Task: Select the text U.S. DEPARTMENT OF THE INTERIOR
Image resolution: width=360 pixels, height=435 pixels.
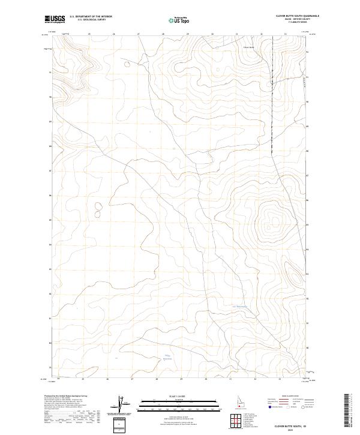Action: (x=91, y=17)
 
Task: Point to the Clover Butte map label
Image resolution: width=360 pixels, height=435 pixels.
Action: (x=249, y=46)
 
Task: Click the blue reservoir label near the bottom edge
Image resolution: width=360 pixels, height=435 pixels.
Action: (x=169, y=358)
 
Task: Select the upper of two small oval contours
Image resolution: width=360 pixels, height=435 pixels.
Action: (x=98, y=205)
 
